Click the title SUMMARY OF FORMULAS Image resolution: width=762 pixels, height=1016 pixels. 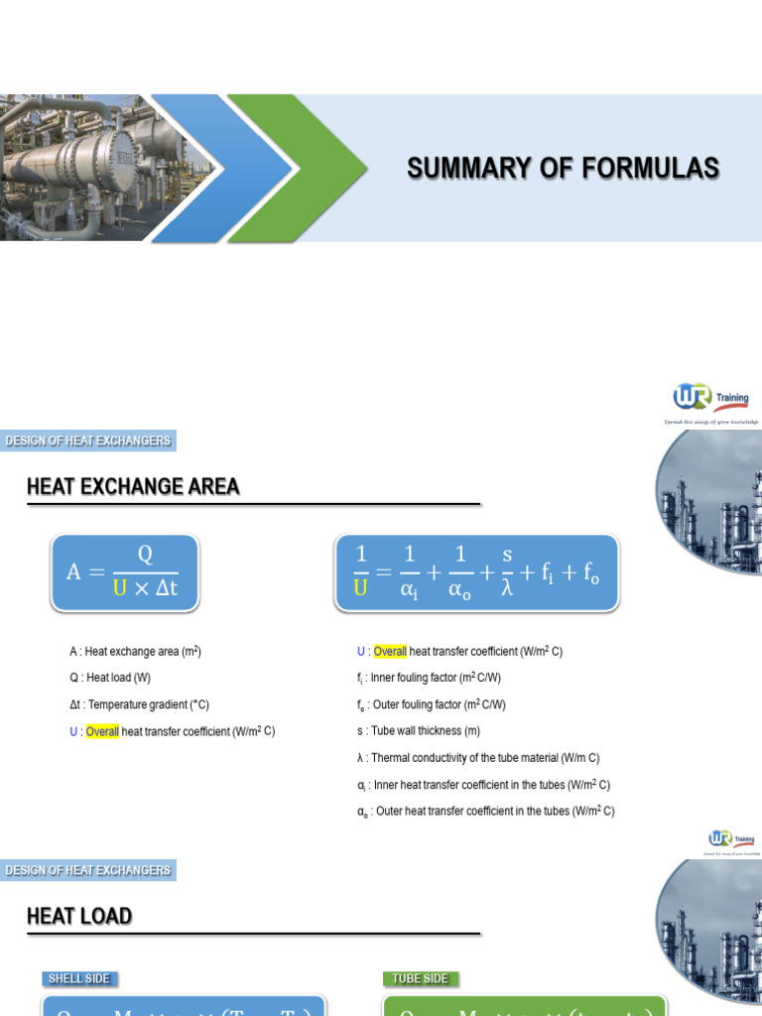(x=563, y=169)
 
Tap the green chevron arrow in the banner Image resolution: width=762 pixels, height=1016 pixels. (x=298, y=167)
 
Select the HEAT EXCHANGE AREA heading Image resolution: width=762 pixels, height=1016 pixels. (x=133, y=486)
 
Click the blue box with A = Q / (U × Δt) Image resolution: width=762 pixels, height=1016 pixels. (x=125, y=571)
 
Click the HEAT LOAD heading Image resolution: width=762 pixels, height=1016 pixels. (x=79, y=916)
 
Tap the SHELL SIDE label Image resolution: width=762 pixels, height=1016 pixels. (x=78, y=978)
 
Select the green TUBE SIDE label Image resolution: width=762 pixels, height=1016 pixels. (x=420, y=978)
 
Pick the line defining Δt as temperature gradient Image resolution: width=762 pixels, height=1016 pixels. (x=139, y=704)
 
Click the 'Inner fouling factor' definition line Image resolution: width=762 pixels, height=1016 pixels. (x=431, y=679)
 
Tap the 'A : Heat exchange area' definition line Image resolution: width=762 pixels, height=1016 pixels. (x=142, y=652)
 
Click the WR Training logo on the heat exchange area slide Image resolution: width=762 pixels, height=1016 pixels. (x=711, y=400)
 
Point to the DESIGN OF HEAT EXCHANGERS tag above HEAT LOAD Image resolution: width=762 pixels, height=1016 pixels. (x=88, y=870)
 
